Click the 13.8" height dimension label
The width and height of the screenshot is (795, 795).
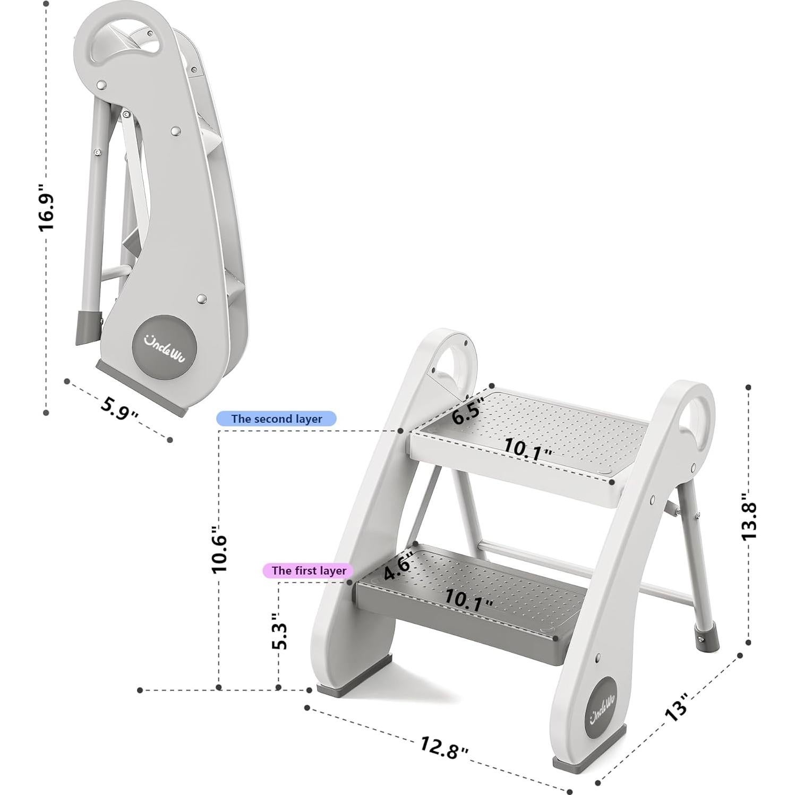749,515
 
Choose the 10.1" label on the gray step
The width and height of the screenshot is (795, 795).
468,599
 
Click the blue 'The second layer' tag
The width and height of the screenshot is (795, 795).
276,419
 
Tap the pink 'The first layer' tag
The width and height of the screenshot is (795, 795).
309,571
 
